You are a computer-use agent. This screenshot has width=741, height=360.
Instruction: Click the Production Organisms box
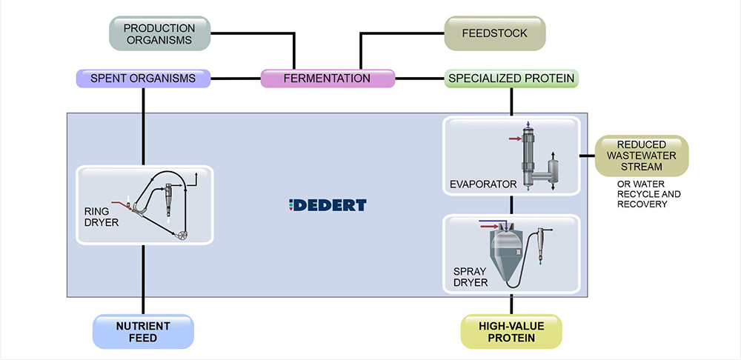[x=159, y=35]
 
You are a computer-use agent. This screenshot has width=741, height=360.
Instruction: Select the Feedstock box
[x=495, y=34]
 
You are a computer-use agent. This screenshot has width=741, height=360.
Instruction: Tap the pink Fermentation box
[x=328, y=78]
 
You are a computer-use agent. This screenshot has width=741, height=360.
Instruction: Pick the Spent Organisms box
[x=143, y=78]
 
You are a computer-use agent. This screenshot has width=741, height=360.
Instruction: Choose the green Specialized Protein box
[x=511, y=78]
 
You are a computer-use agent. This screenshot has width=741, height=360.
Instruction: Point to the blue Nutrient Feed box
[x=143, y=331]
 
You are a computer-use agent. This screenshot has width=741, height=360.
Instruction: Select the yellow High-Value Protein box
[x=511, y=331]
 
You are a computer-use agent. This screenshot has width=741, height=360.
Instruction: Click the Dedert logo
[x=328, y=204]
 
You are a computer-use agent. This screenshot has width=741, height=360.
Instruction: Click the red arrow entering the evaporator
[x=514, y=138]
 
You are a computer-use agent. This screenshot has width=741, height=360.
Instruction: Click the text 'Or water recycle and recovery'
[x=648, y=194]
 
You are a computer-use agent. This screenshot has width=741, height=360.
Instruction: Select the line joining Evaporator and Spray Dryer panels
[x=511, y=205]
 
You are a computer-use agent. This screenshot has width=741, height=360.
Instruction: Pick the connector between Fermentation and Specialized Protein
[x=420, y=78]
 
